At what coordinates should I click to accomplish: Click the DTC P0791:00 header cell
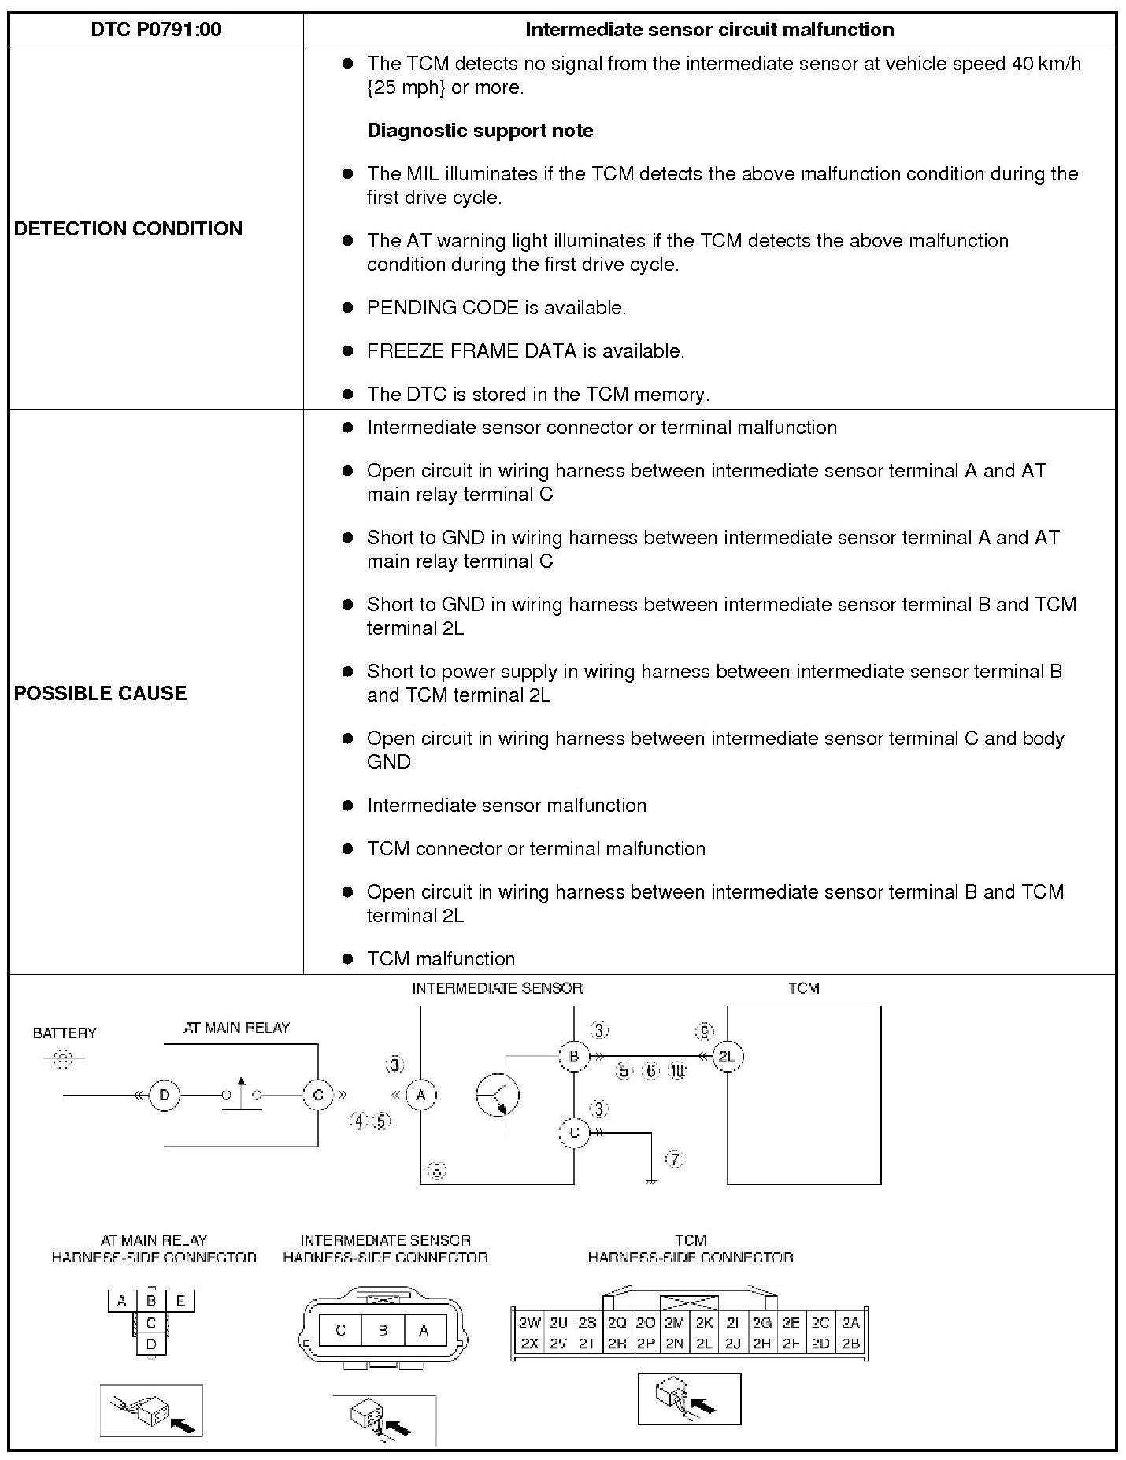click(156, 30)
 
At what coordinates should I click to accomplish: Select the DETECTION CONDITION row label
click(128, 228)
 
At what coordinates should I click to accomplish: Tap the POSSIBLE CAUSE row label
click(101, 693)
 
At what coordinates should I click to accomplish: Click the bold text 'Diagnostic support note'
click(480, 131)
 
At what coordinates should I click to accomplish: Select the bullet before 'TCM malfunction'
click(347, 958)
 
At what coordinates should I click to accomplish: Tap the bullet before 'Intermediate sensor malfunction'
click(347, 805)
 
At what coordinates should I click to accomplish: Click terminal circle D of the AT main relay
click(164, 1095)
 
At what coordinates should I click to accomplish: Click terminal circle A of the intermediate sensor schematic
click(420, 1095)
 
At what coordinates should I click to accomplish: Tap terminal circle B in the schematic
click(574, 1056)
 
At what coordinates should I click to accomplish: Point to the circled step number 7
click(675, 1158)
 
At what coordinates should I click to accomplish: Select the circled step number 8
click(437, 1171)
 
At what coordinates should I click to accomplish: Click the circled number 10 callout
click(677, 1071)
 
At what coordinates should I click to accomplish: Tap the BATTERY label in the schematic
click(65, 1032)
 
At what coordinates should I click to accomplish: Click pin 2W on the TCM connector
click(529, 1324)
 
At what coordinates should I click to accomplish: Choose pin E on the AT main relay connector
click(180, 1301)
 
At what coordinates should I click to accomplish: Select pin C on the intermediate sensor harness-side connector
click(341, 1331)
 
